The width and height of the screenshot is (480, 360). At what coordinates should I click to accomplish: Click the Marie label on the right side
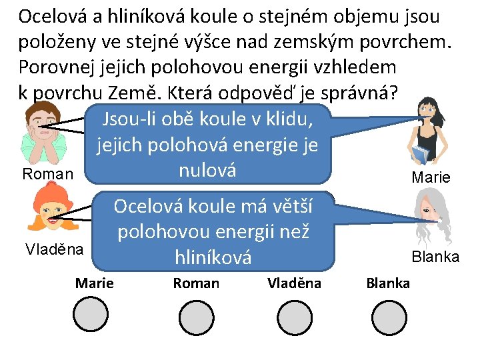[x=431, y=177]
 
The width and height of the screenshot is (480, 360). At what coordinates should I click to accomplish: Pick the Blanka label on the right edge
[x=435, y=257]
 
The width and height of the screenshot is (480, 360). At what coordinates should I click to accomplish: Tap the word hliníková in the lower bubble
[x=213, y=257]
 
